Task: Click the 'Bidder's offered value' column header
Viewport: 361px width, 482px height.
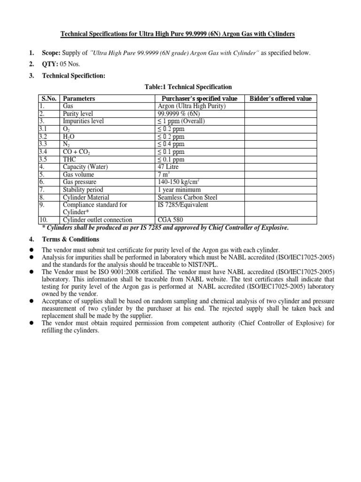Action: click(280, 98)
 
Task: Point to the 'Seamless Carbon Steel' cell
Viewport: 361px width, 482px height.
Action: click(188, 197)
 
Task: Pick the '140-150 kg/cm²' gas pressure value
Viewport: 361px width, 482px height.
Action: click(179, 182)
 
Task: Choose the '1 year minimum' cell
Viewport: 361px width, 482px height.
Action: click(179, 190)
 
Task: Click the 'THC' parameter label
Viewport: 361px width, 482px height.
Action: click(69, 159)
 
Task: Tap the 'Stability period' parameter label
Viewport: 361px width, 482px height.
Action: click(83, 190)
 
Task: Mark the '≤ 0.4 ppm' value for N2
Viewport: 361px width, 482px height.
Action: click(171, 144)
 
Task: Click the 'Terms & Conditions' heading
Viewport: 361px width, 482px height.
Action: click(71, 239)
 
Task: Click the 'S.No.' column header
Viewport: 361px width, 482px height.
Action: click(48, 98)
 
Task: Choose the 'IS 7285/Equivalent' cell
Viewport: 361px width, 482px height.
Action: click(183, 205)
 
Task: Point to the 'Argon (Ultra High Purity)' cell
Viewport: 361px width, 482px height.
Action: click(192, 106)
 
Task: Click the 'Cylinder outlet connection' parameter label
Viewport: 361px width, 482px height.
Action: click(97, 220)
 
